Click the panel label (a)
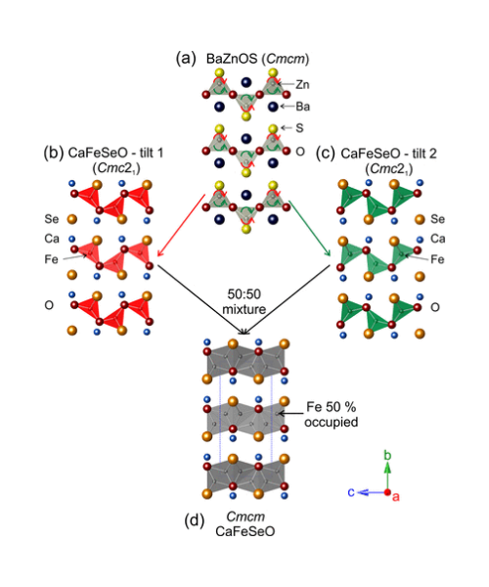(186, 59)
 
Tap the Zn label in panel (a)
(302, 85)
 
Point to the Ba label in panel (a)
(302, 107)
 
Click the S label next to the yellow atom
(299, 128)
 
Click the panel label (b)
(54, 154)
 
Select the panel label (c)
(326, 154)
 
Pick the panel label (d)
(195, 521)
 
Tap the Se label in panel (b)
(52, 219)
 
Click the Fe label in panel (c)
(437, 259)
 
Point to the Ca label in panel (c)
(438, 239)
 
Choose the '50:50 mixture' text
(244, 301)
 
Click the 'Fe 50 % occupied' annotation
(332, 414)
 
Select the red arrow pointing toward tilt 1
(181, 225)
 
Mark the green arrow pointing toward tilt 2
(310, 228)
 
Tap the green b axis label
(387, 456)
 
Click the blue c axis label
(351, 492)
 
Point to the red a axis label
(395, 497)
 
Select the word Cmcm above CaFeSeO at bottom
(245, 517)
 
